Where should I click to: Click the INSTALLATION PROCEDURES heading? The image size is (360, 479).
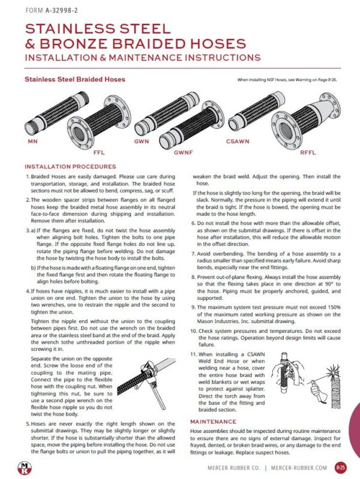click(70, 166)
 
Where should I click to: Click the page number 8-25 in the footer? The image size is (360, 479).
click(340, 465)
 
